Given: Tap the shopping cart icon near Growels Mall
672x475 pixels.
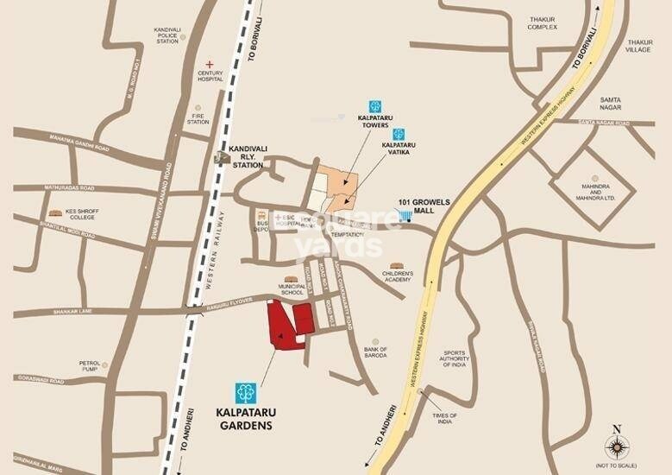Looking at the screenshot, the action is pos(404,215).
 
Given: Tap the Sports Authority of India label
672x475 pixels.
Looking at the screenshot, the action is pos(455,358).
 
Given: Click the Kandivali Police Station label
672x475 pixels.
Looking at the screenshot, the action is pos(167,35).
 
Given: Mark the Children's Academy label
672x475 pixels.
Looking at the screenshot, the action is pos(398,276).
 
